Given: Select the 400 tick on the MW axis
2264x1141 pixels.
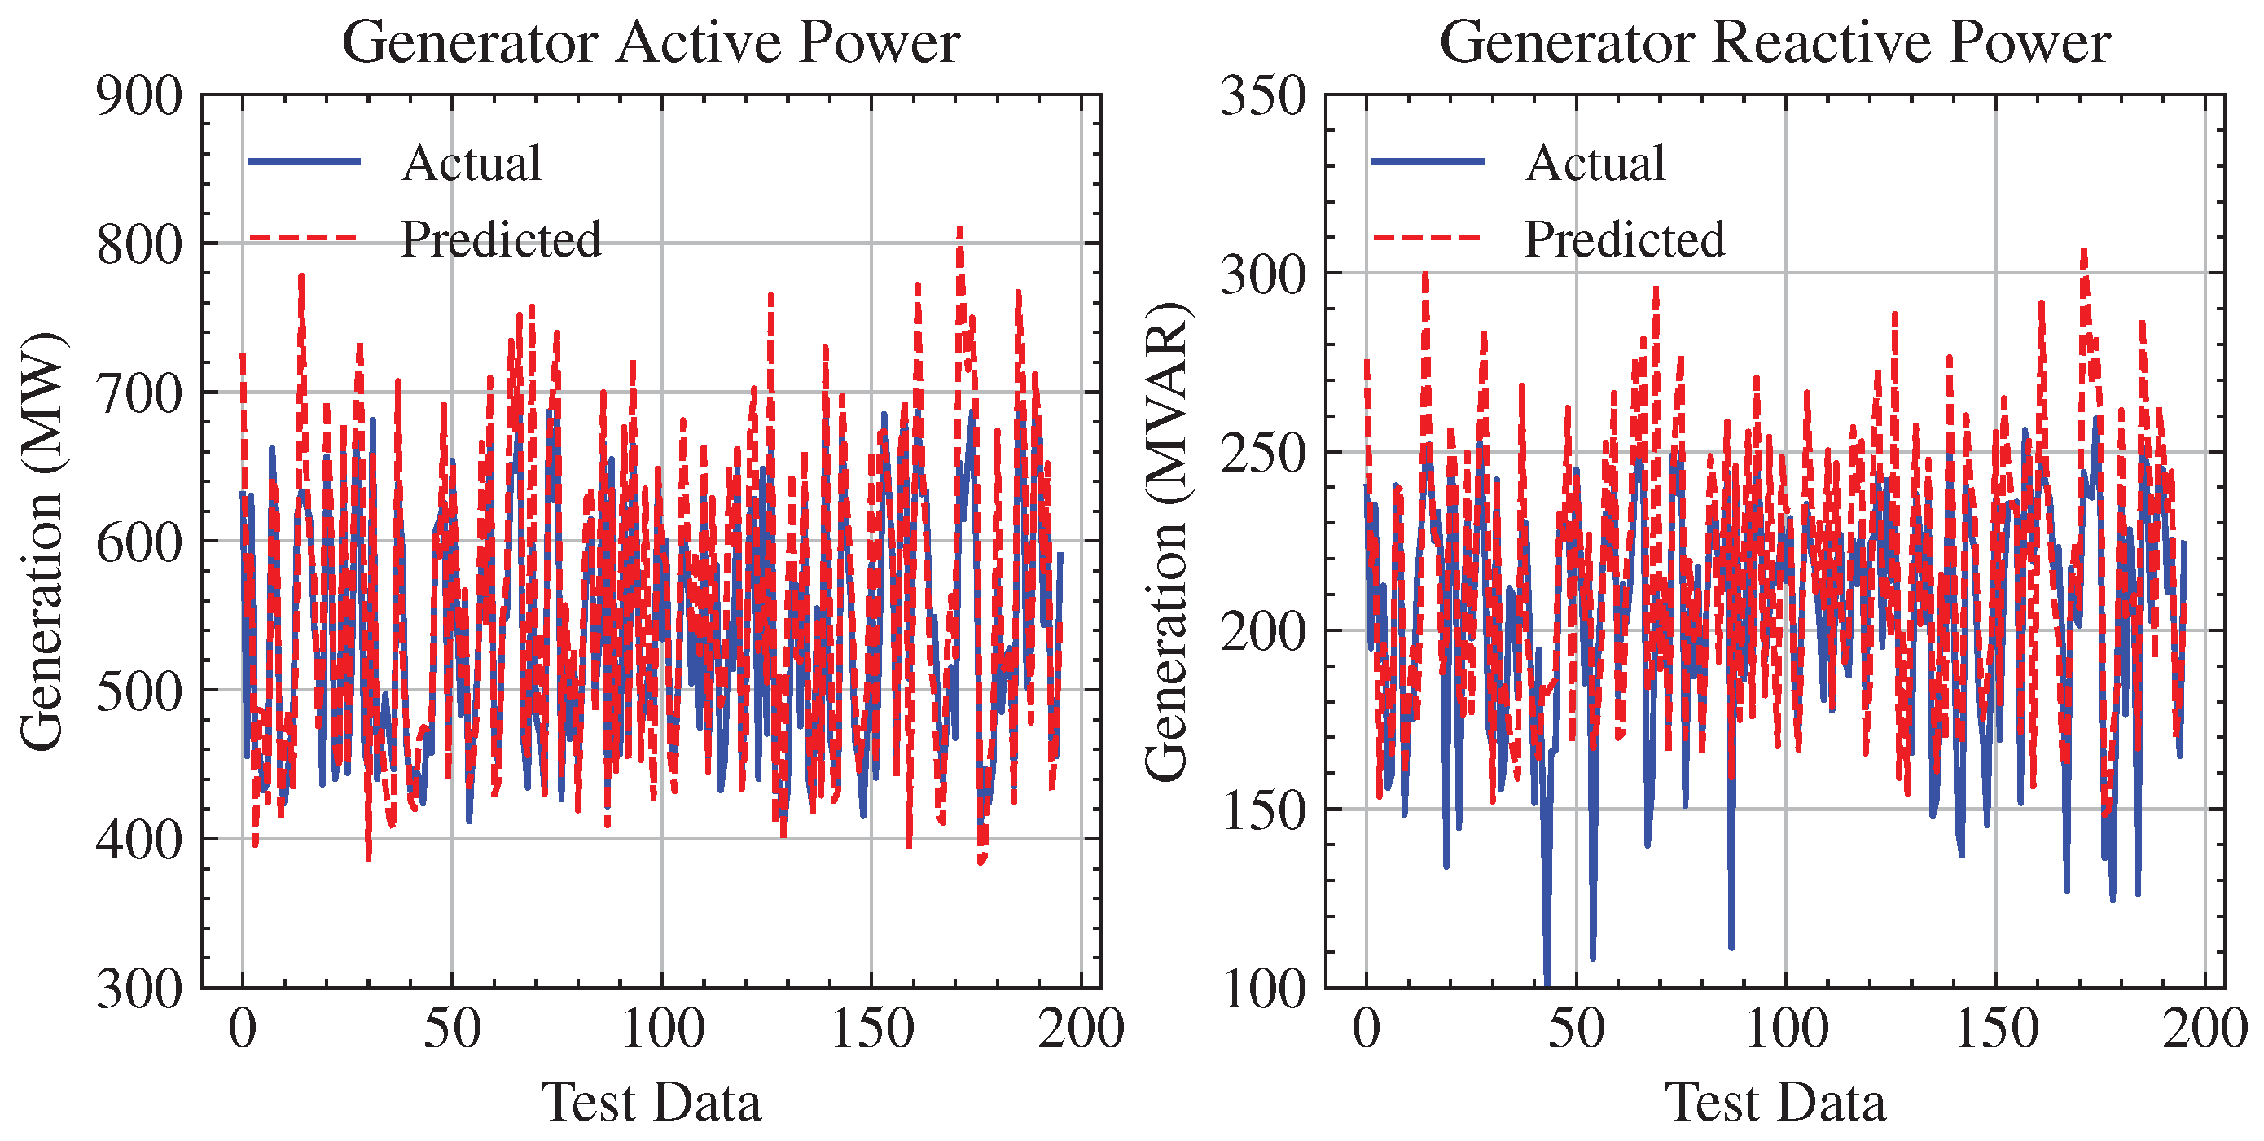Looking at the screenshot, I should coord(139,840).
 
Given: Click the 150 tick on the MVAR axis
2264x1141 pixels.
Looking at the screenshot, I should coord(1263,810).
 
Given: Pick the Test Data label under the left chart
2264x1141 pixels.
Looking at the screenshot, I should coord(651,1103).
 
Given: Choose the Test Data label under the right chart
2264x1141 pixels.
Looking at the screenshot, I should coord(1775,1103).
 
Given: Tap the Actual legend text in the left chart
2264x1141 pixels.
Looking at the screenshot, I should coord(472,164).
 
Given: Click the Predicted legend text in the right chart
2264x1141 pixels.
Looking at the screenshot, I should coord(1624,239).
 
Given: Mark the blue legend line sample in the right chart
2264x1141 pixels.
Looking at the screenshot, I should coord(1428,161).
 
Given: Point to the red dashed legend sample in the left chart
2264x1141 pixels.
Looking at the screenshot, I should coord(303,237).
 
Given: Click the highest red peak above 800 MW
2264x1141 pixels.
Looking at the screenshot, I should coord(959,230).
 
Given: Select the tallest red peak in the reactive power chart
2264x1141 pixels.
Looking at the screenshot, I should coord(2083,253).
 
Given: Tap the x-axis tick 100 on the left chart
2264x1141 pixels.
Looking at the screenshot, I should coord(662,1029).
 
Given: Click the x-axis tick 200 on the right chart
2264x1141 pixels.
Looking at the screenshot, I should coord(2205,1029).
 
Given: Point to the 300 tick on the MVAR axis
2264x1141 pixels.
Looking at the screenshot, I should coord(1263,274).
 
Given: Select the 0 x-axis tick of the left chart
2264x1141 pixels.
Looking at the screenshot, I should coord(243,1029).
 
